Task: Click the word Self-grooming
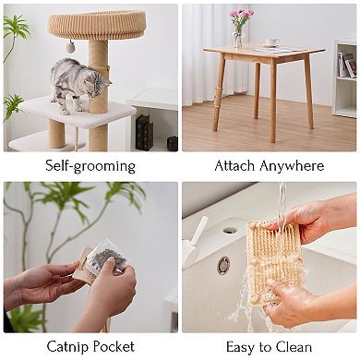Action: tap(90, 166)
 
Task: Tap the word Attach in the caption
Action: tap(235, 166)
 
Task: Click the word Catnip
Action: tap(66, 347)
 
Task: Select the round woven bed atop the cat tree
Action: tap(97, 24)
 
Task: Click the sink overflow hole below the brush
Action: tap(222, 266)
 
